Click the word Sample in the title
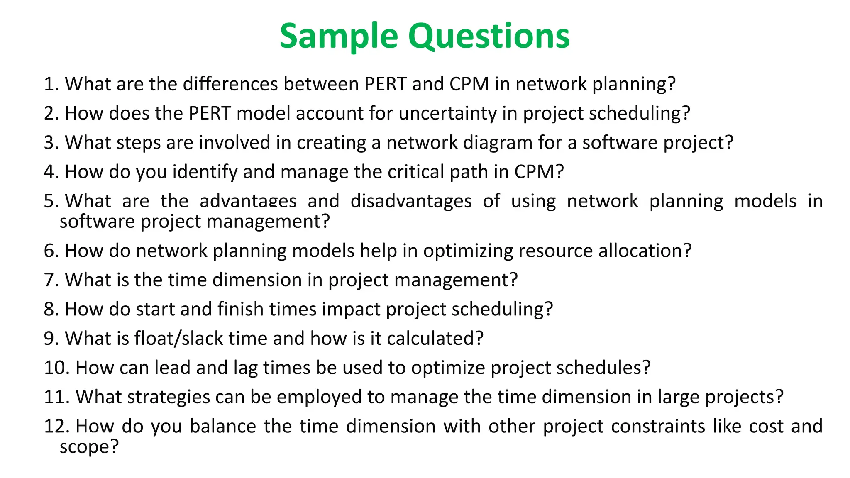[339, 37]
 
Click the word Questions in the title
[489, 37]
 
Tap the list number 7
[51, 280]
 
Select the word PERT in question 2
[210, 114]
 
